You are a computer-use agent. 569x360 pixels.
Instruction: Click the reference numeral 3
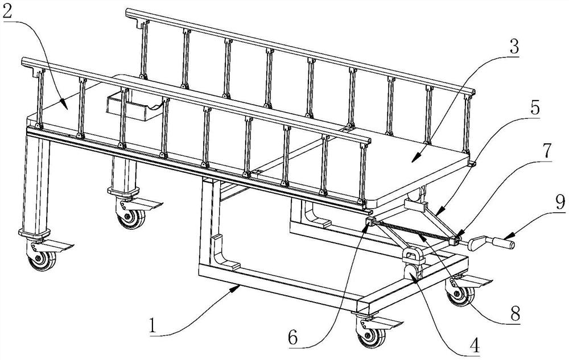(514, 47)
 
